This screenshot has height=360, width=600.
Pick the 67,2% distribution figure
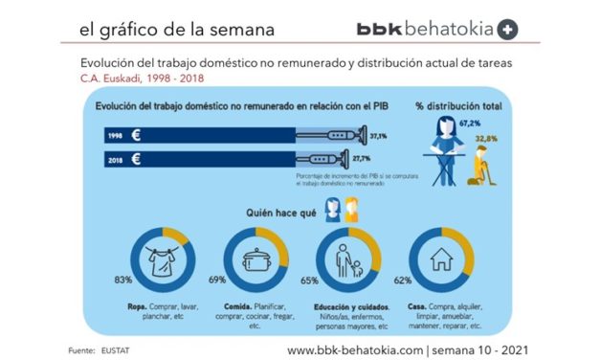469,124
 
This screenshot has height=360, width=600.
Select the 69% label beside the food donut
217,280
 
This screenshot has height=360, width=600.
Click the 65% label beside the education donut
310,281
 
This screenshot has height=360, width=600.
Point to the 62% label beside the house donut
403,281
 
